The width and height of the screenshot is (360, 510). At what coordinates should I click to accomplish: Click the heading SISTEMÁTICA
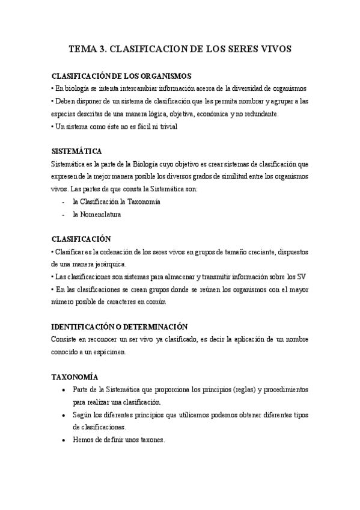coord(77,150)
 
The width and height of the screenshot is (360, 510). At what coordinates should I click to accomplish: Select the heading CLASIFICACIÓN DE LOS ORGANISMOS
coord(122,76)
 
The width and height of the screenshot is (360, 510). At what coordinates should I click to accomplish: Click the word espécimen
coord(109,352)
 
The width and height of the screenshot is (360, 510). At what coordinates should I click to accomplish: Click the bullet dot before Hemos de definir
coord(64,440)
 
